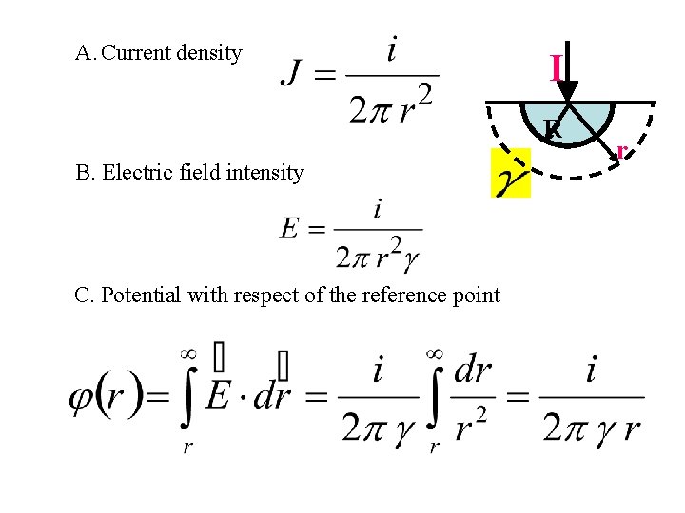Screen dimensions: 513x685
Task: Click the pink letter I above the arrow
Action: [556, 66]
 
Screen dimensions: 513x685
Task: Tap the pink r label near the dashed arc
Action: [620, 150]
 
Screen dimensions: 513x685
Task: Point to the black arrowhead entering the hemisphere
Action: [567, 89]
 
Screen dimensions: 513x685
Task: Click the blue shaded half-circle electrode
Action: [568, 119]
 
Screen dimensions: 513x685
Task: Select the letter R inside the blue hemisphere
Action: [553, 129]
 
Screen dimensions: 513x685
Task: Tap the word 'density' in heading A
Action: [208, 53]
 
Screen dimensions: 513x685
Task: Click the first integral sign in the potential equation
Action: [187, 398]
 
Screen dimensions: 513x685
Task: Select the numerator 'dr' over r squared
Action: [473, 370]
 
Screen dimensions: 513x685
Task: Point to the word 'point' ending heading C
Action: [476, 294]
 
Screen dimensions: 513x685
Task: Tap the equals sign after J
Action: [326, 74]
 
